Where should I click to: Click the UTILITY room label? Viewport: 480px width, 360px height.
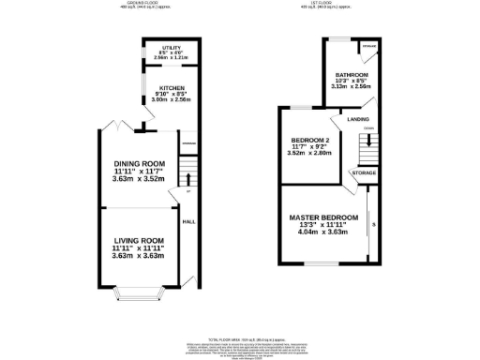[170, 47]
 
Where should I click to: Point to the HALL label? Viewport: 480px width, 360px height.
[187, 222]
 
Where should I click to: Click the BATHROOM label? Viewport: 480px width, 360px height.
[352, 75]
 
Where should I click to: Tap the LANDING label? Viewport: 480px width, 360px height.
[357, 119]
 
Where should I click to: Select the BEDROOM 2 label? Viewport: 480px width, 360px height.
[310, 140]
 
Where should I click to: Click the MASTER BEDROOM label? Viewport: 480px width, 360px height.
[322, 217]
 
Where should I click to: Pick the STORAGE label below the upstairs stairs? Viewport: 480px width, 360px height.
[364, 173]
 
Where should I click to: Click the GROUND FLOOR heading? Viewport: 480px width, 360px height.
[142, 4]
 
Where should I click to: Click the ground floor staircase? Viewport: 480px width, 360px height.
[187, 173]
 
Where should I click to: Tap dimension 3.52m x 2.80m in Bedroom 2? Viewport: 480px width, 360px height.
[310, 154]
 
